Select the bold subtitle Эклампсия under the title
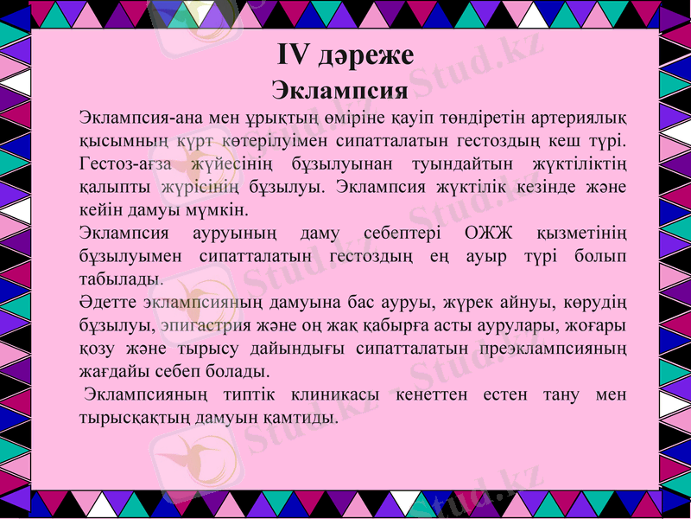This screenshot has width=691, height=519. (x=339, y=90)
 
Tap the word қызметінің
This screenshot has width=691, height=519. (x=580, y=234)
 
